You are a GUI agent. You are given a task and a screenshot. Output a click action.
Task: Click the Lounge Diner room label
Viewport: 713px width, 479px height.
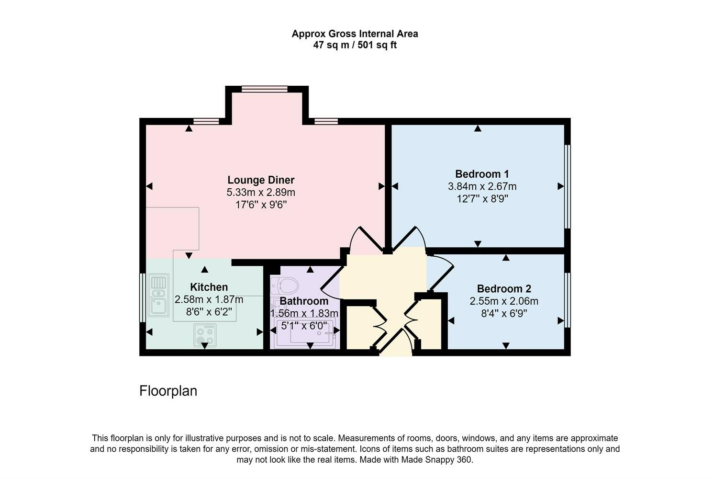pos(261,180)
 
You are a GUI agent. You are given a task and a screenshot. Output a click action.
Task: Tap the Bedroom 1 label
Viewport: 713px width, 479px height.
pos(482,174)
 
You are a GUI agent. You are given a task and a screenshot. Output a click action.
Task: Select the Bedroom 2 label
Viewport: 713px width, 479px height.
pos(504,289)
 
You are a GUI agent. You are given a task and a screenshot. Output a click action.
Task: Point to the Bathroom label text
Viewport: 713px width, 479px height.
pos(304,301)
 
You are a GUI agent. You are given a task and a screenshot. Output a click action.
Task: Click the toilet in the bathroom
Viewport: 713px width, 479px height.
pos(284,286)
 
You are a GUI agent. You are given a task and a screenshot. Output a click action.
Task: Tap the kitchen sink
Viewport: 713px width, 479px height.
pos(158,295)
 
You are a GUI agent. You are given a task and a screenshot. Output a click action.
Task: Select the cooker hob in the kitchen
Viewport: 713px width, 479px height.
pos(205,335)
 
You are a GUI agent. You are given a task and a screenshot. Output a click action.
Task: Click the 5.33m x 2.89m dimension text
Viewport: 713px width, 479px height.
pos(261,193)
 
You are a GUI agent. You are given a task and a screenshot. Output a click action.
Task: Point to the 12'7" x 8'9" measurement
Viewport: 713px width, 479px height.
pos(482,199)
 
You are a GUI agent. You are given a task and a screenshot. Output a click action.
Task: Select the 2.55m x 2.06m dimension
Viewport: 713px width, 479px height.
pos(504,301)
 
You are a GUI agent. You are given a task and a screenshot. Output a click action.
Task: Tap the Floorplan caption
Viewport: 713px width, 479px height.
pos(168,391)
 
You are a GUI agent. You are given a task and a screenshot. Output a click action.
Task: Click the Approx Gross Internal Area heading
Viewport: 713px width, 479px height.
pos(355,34)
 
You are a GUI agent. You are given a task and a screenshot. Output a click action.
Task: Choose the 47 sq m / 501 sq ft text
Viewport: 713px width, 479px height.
pos(355,46)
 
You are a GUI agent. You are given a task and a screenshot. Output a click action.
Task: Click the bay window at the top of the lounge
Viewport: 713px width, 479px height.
pos(265,89)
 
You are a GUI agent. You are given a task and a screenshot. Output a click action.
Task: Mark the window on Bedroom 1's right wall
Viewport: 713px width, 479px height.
pos(567,186)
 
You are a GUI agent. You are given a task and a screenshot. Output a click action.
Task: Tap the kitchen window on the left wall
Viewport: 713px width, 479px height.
pos(142,297)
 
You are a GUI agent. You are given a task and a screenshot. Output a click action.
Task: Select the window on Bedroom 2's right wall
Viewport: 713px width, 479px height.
pos(567,300)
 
